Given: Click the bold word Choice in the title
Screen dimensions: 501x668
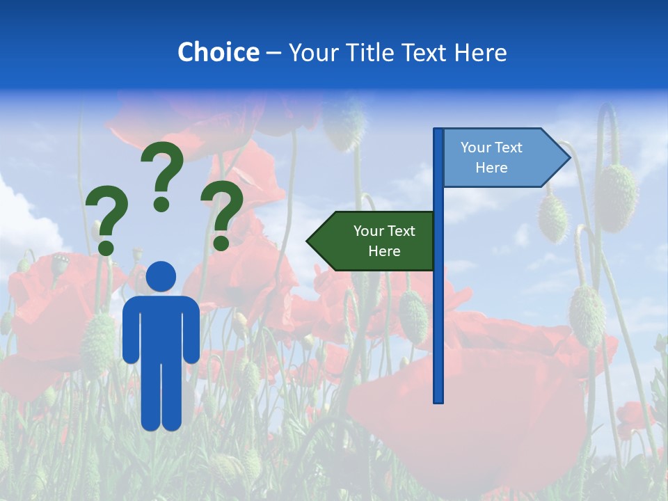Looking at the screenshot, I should pos(218,52).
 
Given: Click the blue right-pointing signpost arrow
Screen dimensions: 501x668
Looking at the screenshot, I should pos(501,158).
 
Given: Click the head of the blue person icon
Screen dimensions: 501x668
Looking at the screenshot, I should pos(161,276).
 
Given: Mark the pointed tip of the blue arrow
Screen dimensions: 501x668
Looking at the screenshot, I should pos(568,158).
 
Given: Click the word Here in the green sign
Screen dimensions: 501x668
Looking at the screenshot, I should pos(384,251).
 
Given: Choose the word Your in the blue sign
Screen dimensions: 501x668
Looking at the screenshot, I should pos(475,148).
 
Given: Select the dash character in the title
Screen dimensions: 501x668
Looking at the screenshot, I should pos(273,53).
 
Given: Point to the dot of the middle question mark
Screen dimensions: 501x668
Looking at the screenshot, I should pos(162,204).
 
